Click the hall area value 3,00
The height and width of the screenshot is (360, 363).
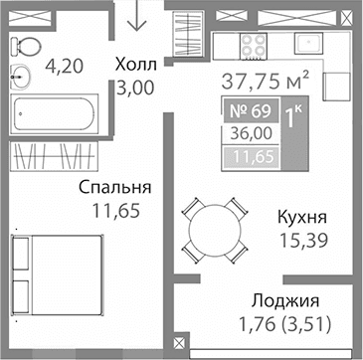pyautogui.click(x=135, y=87)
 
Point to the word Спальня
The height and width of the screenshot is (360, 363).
pyautogui.click(x=117, y=187)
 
